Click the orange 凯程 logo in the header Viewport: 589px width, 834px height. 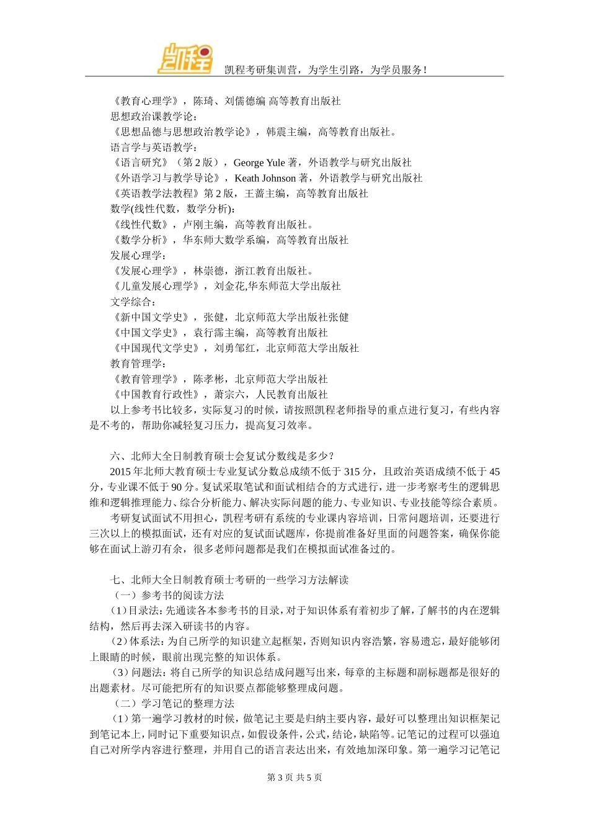[x=185, y=59]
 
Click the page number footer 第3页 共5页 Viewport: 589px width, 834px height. [x=294, y=778]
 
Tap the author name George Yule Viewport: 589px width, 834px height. [x=259, y=163]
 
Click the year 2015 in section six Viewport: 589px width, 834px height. [x=120, y=472]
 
